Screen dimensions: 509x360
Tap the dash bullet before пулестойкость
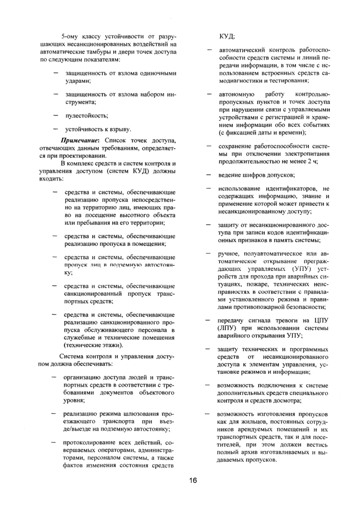click(55, 116)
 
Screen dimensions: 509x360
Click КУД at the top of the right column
click(227, 37)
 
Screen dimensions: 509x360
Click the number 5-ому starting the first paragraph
click(71, 37)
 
